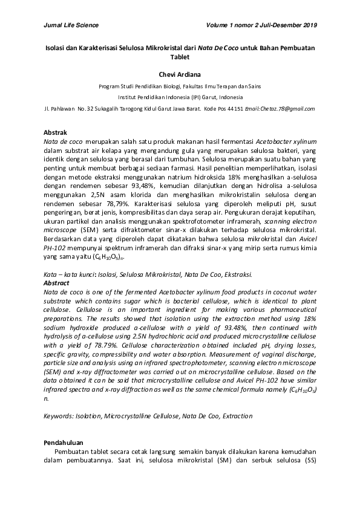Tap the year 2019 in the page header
click(308, 25)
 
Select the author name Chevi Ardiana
click(180, 74)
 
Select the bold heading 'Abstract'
click(57, 282)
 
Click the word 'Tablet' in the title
click(180, 57)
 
